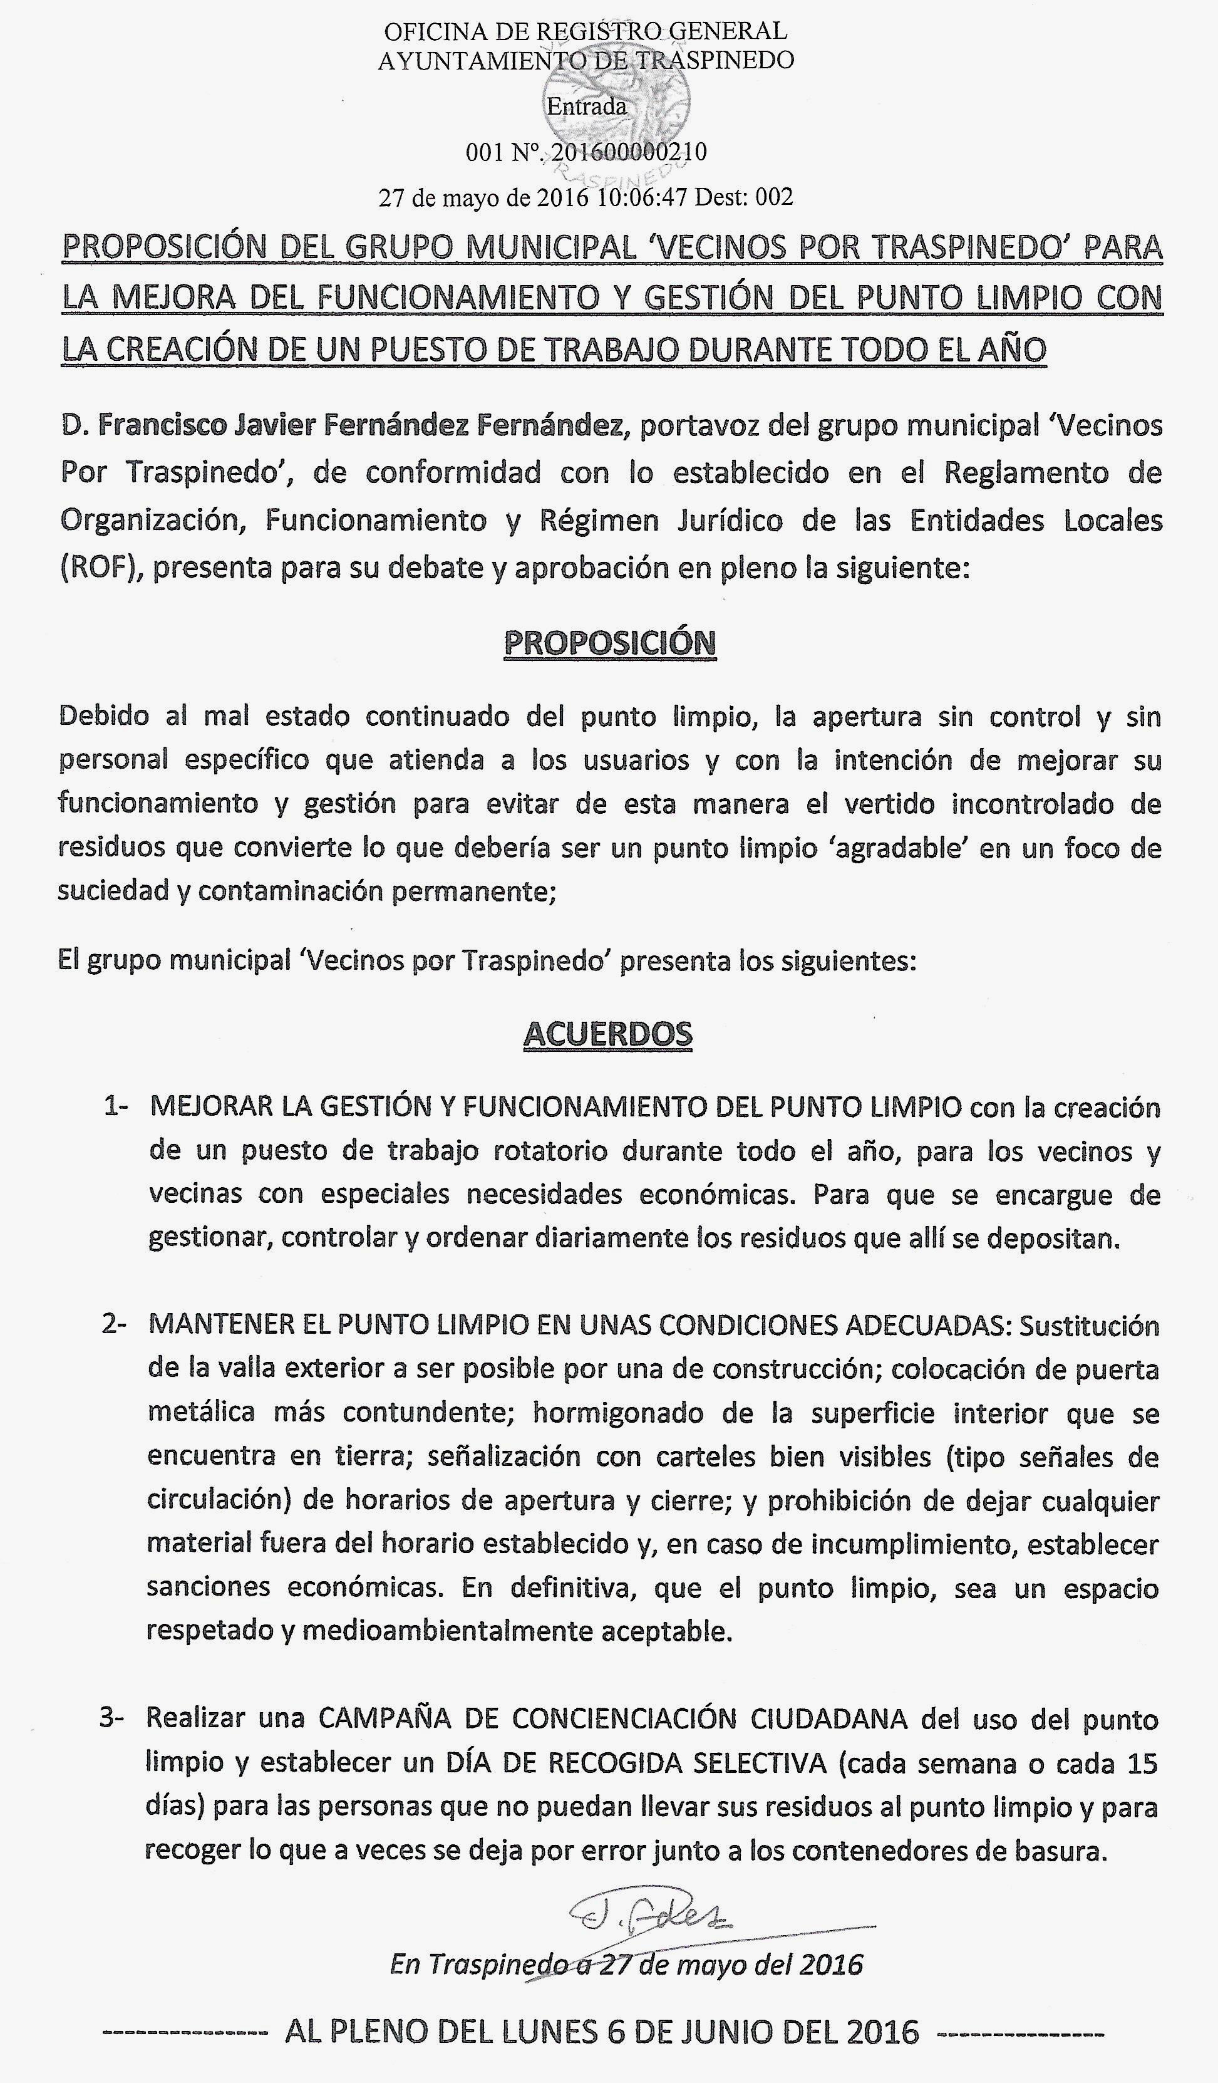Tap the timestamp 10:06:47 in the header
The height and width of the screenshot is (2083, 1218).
click(642, 197)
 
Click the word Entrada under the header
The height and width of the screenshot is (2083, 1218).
click(587, 106)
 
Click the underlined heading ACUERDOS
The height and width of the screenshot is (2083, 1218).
click(608, 1034)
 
